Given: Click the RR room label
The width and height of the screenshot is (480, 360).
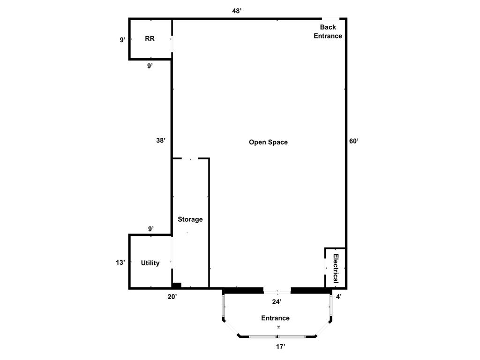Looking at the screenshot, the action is point(150,38).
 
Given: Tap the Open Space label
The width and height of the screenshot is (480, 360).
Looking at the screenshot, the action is point(268,142).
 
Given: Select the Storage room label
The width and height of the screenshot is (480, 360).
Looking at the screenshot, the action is point(190,219).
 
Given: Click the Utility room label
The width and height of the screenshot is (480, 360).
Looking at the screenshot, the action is point(150,263).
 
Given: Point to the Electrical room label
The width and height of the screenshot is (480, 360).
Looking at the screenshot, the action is point(336,269).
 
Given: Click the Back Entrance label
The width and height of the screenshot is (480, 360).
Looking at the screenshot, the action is point(328,31).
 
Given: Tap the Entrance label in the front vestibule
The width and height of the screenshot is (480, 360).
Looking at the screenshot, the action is point(275,318).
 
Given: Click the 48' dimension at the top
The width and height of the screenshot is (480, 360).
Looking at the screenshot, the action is point(237,11).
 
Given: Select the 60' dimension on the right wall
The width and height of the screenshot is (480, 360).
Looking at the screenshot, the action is point(354,141).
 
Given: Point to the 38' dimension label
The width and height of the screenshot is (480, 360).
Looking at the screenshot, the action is point(161,140).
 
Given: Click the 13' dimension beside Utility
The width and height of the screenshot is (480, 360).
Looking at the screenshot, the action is point(120,262).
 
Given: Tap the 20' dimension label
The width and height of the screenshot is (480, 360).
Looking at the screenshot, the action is point(172,297).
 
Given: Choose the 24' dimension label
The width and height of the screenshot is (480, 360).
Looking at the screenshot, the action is point(277,302).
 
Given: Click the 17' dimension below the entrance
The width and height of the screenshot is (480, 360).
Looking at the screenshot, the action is point(280,346).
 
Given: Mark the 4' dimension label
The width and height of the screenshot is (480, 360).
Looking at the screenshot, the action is point(338,297).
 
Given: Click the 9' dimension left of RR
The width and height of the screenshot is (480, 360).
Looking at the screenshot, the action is point(122,40).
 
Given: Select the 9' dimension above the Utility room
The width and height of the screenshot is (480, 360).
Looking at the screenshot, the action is point(151,229).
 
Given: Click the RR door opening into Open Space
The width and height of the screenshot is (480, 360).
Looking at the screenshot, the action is point(172,44).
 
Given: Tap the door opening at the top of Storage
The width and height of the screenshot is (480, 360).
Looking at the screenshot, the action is point(190,158).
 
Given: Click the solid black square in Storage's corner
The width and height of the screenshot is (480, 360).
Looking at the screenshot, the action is point(177,285).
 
